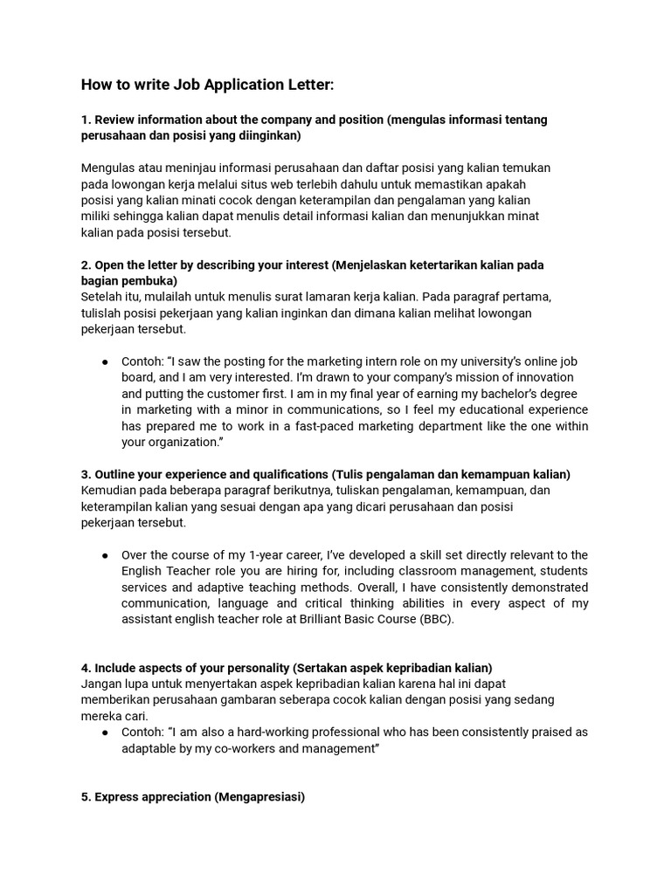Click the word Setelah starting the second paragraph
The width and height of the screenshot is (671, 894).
tap(103, 297)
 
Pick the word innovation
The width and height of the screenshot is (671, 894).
tap(539, 377)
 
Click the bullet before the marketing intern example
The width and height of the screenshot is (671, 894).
tap(104, 361)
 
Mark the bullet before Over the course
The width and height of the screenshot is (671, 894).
tap(104, 555)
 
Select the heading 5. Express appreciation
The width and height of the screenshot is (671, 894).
tap(193, 797)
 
